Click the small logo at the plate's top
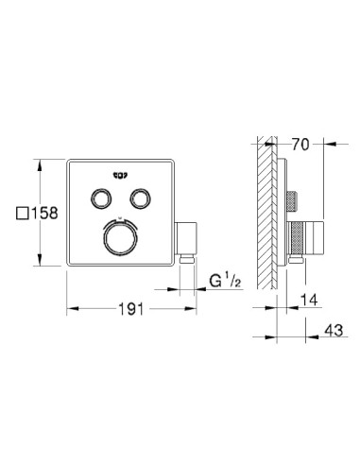(121, 174)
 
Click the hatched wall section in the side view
(262, 217)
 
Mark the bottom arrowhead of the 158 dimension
(39, 266)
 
